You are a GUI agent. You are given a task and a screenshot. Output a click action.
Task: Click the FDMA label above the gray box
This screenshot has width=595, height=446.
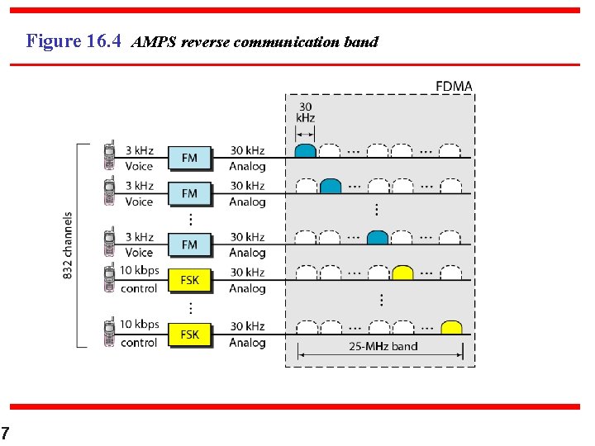[x=454, y=87]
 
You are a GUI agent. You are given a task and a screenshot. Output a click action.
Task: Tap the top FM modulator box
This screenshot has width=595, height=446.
[x=189, y=158]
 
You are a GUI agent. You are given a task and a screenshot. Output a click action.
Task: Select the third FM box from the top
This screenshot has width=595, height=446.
[x=189, y=245]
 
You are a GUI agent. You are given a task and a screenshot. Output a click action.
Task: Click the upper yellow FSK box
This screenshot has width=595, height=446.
[x=189, y=280]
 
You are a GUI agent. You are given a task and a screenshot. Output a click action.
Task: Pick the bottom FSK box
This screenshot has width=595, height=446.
[x=189, y=334]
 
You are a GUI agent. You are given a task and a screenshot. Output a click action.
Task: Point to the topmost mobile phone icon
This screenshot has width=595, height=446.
[x=109, y=156]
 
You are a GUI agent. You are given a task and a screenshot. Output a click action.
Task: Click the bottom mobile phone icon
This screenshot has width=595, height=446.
[x=109, y=333]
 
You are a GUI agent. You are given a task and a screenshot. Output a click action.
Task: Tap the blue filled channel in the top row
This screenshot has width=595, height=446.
[x=306, y=151]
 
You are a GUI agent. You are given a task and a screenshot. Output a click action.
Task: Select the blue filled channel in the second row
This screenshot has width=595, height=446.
[x=330, y=186]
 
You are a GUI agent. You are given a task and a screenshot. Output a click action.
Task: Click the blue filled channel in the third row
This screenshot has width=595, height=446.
[x=378, y=238]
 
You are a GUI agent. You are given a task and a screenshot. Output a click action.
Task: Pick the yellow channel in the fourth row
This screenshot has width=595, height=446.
[x=402, y=273]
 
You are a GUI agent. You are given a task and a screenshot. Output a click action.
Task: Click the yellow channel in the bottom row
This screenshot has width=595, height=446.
[x=451, y=328]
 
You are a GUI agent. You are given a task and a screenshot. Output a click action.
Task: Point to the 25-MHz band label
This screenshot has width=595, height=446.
[x=383, y=346]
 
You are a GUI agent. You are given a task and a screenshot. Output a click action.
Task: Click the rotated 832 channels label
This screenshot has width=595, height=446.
[x=68, y=245]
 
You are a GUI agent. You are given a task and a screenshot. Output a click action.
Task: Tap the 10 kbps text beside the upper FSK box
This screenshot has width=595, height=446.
[x=139, y=271]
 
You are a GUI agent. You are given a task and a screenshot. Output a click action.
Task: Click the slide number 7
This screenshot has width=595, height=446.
[x=6, y=434]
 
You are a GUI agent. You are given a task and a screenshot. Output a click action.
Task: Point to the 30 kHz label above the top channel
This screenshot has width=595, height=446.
[x=305, y=112]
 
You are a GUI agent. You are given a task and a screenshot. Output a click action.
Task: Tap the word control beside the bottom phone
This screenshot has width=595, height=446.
[x=139, y=343]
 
